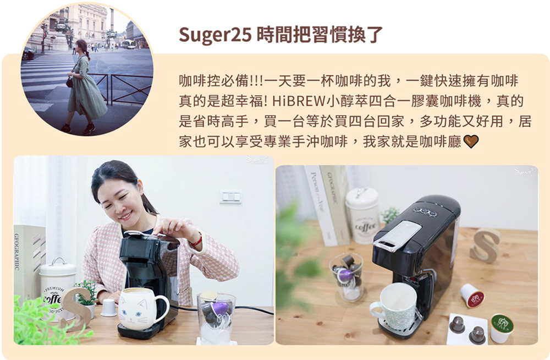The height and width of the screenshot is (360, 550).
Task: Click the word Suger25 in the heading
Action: (x=215, y=35)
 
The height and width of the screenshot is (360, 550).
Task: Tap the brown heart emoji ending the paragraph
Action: (x=471, y=142)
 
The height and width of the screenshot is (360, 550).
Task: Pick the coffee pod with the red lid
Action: (x=472, y=296)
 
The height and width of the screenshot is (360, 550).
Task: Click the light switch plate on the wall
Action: (x=231, y=197)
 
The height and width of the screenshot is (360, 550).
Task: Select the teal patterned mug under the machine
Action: (x=393, y=307)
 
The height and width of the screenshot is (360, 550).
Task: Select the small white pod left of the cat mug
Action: (x=108, y=308)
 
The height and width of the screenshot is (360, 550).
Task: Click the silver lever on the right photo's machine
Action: (x=398, y=235)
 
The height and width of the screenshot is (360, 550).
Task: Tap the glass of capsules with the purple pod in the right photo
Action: (x=346, y=277)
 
